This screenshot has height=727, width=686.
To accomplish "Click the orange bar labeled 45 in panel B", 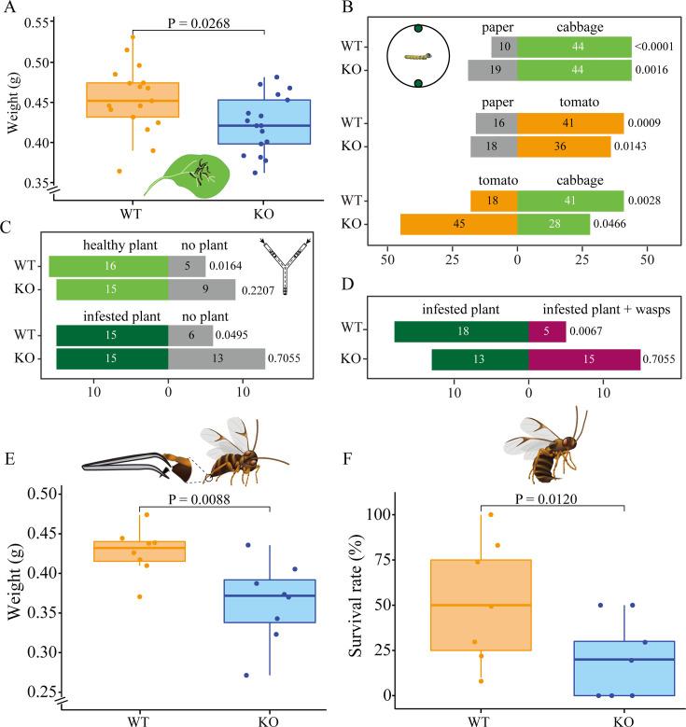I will point(458,225).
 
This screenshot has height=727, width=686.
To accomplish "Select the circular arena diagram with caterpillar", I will point(418,57).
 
